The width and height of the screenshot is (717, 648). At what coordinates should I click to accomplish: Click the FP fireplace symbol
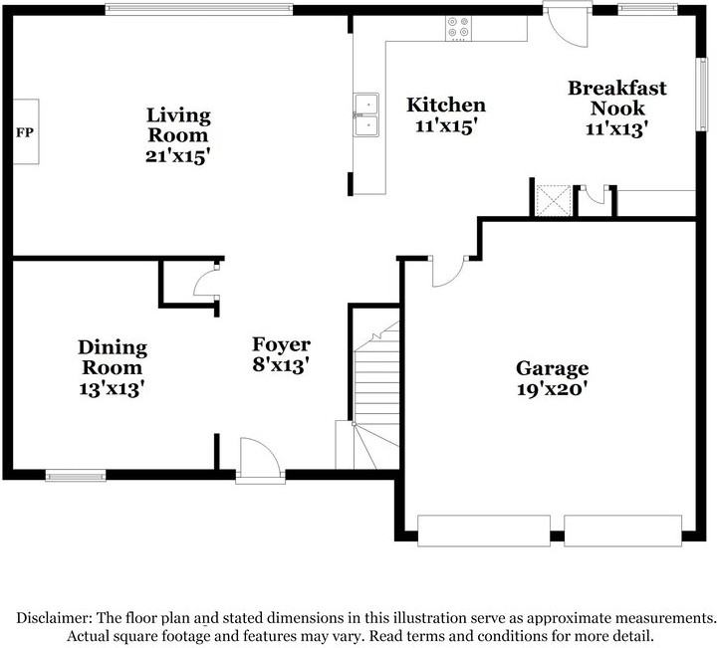tap(26, 131)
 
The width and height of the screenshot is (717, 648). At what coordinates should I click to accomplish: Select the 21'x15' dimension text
tap(178, 155)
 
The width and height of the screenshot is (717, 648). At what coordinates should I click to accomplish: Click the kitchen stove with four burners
tap(459, 29)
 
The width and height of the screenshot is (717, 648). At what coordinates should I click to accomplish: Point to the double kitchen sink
tap(365, 113)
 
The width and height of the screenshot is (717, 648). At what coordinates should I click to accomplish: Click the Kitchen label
tap(446, 105)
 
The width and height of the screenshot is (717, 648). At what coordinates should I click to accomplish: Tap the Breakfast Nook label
tap(617, 98)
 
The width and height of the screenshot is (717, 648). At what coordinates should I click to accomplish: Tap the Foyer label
tap(281, 344)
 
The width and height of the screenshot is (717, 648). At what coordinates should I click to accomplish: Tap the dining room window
tap(76, 476)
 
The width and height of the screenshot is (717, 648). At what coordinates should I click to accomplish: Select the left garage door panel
tap(484, 530)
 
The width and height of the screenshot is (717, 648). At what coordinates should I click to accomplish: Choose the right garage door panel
tap(622, 530)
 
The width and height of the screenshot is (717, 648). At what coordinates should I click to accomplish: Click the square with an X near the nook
tap(552, 199)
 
